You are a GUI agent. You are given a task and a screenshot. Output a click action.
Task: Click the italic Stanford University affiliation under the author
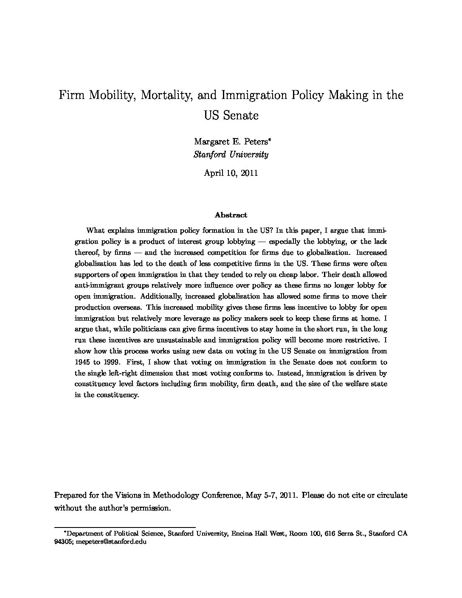[231, 155]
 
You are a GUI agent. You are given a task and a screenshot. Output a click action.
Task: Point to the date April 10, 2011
[231, 173]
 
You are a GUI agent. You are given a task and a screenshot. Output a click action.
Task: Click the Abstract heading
[231, 215]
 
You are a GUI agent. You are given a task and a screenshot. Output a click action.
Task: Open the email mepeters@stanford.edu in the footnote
[111, 542]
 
